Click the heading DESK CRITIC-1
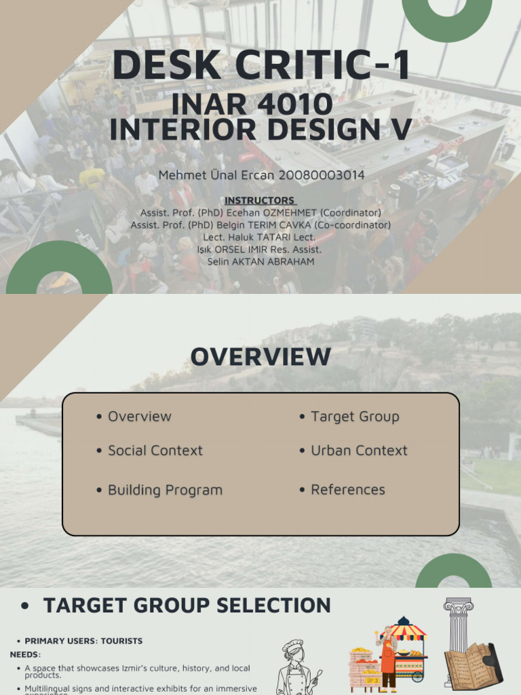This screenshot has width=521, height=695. click(260, 66)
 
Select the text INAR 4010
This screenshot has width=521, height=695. click(252, 104)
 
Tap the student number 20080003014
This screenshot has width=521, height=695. click(324, 175)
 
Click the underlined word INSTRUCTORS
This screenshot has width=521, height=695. click(260, 200)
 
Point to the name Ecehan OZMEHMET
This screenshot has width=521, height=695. click(297, 212)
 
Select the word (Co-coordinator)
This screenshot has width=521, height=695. click(348, 225)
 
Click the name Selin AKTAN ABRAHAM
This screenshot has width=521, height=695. click(260, 261)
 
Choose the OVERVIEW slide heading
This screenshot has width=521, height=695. click(260, 357)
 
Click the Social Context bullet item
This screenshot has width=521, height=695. click(155, 451)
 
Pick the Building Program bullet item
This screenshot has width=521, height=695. click(165, 490)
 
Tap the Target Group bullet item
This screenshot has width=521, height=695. click(354, 417)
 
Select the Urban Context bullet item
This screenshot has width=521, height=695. click(359, 451)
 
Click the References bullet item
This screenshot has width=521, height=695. click(347, 490)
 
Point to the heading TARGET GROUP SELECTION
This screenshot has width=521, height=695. click(187, 605)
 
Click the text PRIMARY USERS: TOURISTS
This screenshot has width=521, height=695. click(83, 641)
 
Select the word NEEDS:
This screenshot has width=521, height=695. click(25, 654)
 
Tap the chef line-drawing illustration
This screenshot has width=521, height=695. click(296, 667)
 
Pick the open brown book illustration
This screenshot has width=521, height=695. click(473, 665)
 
